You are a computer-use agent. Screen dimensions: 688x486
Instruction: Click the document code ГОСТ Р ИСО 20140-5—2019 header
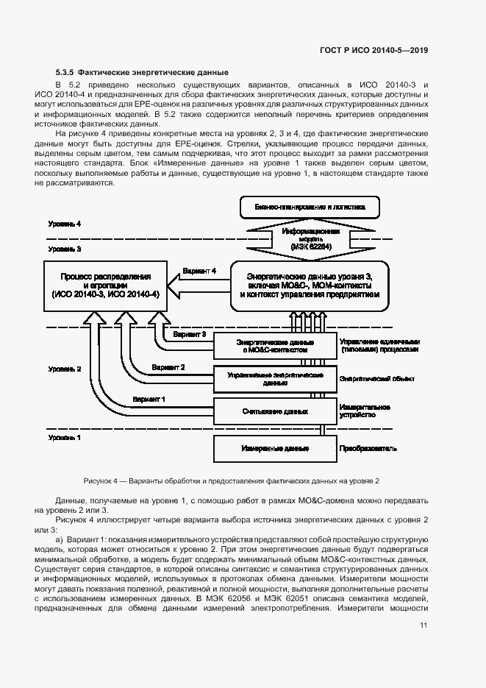pyautogui.click(x=374, y=50)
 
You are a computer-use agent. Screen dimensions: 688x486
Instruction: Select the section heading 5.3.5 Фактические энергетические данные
pyautogui.click(x=142, y=72)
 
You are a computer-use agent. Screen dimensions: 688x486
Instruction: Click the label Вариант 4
pyautogui.click(x=199, y=271)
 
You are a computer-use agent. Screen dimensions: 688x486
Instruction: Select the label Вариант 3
pyautogui.click(x=189, y=334)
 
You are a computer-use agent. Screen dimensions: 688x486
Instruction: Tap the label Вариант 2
pyautogui.click(x=168, y=366)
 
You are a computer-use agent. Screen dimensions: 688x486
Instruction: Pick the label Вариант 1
pyautogui.click(x=149, y=399)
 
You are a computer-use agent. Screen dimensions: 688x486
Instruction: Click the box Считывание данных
pyautogui.click(x=274, y=411)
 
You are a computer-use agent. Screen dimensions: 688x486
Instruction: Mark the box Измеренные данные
pyautogui.click(x=274, y=447)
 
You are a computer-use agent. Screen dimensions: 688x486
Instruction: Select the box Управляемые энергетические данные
pyautogui.click(x=274, y=379)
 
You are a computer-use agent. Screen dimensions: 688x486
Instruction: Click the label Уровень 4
pyautogui.click(x=65, y=223)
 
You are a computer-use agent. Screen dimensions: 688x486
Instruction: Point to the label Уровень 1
pyautogui.click(x=65, y=437)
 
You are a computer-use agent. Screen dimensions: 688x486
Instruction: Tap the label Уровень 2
pyautogui.click(x=65, y=368)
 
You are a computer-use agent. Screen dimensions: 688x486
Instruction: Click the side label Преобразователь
pyautogui.click(x=368, y=447)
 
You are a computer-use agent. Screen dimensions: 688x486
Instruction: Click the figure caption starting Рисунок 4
pyautogui.click(x=232, y=480)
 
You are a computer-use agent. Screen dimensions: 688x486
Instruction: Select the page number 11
pyautogui.click(x=424, y=625)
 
